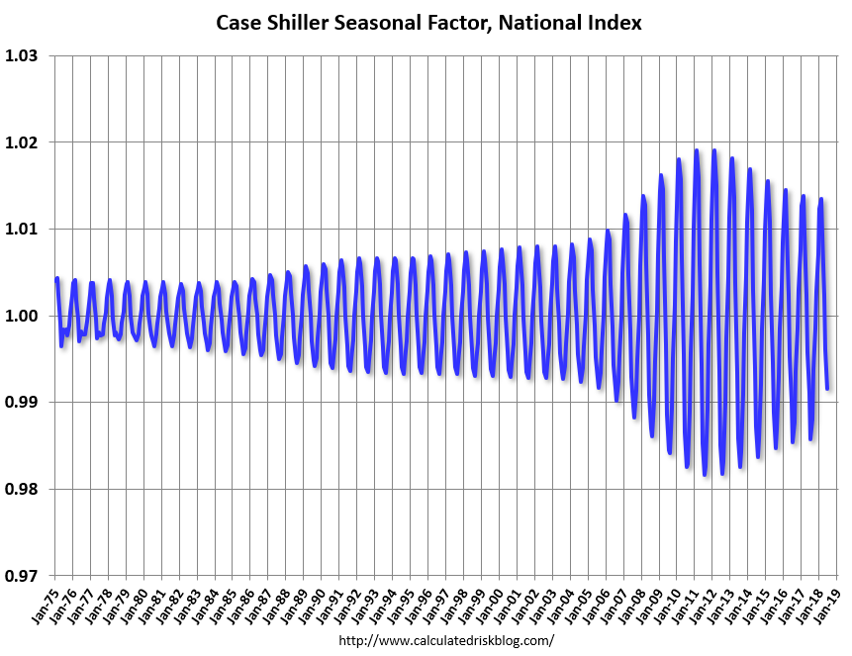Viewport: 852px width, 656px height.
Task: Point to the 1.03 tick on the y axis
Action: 23,55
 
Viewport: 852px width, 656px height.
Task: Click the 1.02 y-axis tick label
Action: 23,142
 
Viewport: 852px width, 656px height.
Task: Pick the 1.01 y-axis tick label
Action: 23,230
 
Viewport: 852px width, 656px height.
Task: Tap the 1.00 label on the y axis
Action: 23,316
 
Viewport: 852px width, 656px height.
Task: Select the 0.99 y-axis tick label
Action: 23,403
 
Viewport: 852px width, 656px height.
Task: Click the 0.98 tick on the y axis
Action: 23,489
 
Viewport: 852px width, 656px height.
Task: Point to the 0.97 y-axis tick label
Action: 23,576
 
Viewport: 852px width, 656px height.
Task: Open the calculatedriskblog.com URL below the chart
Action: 446,641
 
